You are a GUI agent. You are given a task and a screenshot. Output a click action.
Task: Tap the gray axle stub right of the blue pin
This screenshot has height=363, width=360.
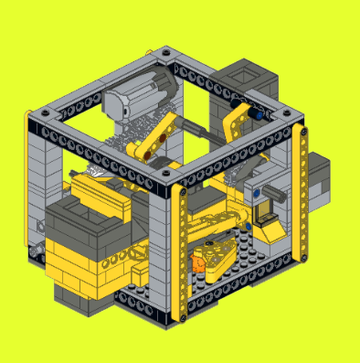coord(275,193)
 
